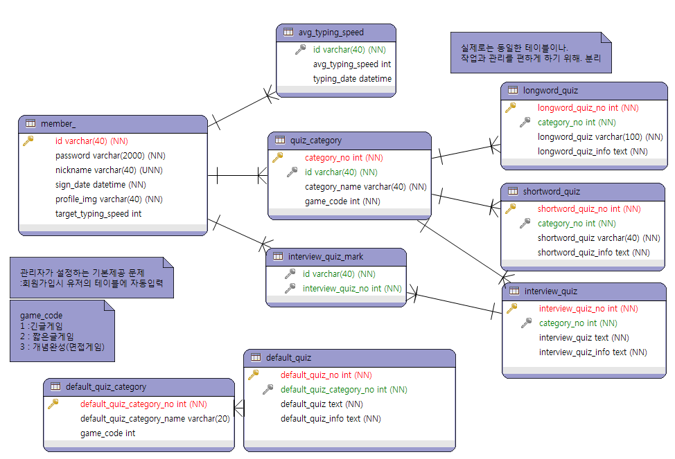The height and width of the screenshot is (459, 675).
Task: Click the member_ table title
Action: (x=58, y=123)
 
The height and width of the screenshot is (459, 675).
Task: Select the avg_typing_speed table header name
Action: (x=331, y=32)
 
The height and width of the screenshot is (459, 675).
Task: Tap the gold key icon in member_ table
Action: (x=28, y=141)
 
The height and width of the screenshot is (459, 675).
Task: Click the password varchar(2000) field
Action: (x=110, y=155)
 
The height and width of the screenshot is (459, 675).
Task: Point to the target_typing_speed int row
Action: (x=98, y=213)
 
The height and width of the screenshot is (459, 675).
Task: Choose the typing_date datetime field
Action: (x=352, y=78)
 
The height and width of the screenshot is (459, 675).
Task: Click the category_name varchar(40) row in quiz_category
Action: (x=365, y=186)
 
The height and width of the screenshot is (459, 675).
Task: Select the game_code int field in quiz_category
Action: (x=342, y=201)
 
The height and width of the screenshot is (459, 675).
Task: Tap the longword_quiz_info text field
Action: (x=593, y=151)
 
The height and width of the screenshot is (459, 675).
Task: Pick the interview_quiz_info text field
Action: (x=593, y=352)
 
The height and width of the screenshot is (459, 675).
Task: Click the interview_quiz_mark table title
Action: (x=325, y=257)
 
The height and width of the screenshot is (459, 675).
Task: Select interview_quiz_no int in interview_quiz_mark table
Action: (x=352, y=288)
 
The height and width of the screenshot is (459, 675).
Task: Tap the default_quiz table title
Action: (x=288, y=357)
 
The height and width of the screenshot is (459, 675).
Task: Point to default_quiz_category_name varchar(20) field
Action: (x=155, y=418)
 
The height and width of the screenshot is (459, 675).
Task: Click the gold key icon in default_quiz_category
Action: (x=53, y=404)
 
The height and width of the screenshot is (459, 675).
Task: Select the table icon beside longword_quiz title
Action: (x=513, y=90)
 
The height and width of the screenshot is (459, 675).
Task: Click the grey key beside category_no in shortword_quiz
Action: (x=525, y=223)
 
